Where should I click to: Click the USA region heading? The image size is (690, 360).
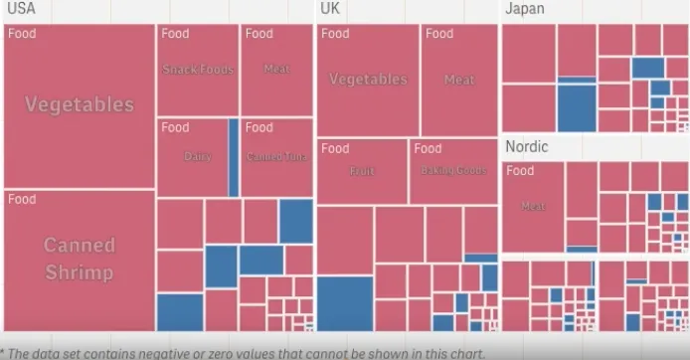coord(20,9)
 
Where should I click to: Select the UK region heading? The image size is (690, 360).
coord(330,9)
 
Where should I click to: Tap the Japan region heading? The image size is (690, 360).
coord(525,9)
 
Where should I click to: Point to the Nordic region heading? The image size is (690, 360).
coord(527,146)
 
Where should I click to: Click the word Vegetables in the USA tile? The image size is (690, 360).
coord(80,104)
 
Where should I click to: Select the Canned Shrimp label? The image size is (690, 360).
coord(80,259)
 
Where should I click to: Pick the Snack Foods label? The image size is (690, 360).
coord(198,70)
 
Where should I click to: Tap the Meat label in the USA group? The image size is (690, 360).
coord(277,70)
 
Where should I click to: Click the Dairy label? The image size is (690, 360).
coord(198,156)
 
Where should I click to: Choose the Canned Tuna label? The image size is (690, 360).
coord(277,156)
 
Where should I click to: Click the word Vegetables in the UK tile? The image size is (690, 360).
coord(368,80)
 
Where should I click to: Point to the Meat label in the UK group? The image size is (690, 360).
coord(459,80)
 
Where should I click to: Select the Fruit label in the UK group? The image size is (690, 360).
coord(362,171)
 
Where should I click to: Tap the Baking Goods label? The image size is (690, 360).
coord(452,171)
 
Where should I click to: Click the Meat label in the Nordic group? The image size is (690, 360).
coord(533,207)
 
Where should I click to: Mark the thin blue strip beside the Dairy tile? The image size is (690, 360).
coord(234,157)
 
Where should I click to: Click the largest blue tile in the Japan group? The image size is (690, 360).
coord(576,107)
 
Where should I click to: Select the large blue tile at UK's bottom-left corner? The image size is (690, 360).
coord(345,303)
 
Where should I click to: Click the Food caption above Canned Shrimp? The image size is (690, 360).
coord(22,199)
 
